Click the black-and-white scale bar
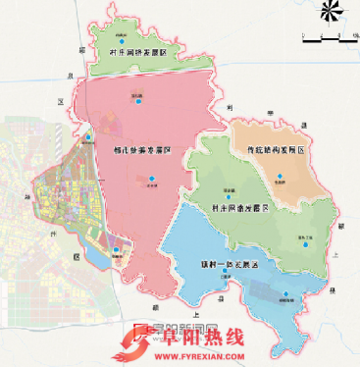[x=327, y=40]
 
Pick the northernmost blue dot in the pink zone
[x=139, y=101]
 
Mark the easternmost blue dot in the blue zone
[x=285, y=296]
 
